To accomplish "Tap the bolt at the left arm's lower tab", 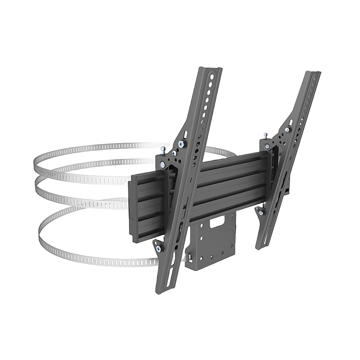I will [159, 249].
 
